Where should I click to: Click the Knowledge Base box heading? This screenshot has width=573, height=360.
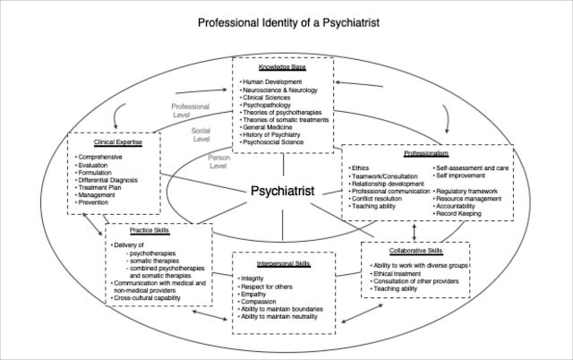[281, 68]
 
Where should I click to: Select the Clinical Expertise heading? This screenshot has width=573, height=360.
[113, 141]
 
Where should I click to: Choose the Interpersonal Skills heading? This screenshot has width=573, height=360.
[285, 264]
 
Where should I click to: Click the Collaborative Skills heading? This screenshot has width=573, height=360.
[416, 251]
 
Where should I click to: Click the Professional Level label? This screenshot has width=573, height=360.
[190, 109]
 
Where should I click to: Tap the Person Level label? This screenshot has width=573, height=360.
[219, 160]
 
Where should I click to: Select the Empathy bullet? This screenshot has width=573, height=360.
[254, 294]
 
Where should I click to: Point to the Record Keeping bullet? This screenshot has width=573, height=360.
[459, 213]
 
